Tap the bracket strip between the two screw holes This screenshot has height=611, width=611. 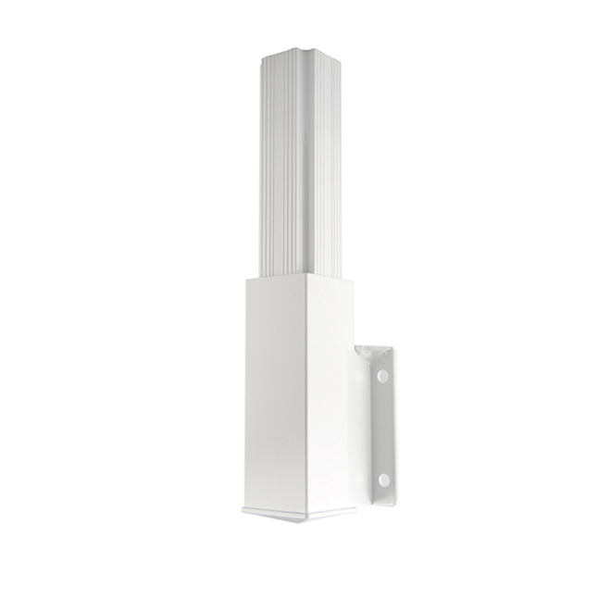coord(381,429)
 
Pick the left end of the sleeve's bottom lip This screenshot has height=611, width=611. coord(243,508)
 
